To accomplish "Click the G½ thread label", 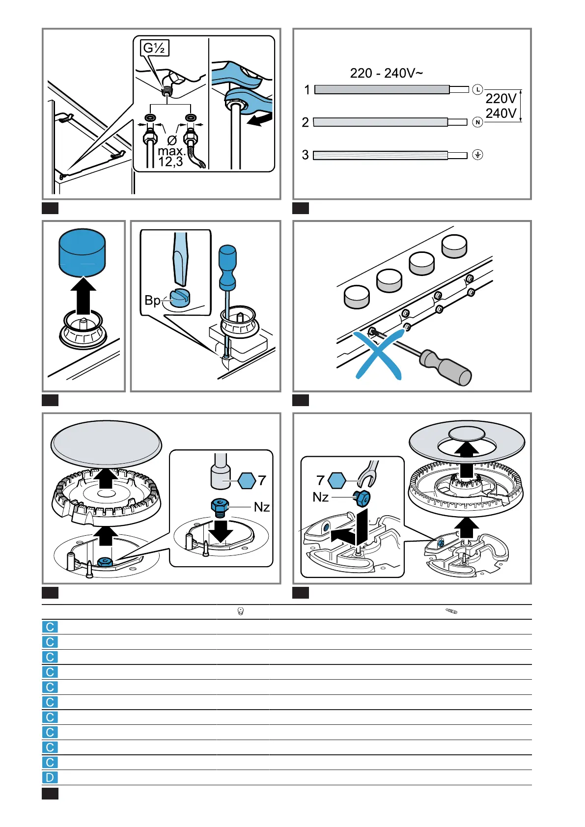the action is (x=155, y=48).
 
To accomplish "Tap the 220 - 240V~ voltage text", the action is (x=386, y=73).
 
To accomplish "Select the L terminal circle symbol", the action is (x=477, y=89).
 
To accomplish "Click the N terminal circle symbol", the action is (x=477, y=122).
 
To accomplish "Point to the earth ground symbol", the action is (x=477, y=155).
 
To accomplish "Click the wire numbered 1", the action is (x=382, y=89).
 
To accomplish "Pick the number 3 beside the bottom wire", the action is (x=306, y=155).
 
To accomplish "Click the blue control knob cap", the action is (x=82, y=252).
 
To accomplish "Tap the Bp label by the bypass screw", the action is (x=152, y=300).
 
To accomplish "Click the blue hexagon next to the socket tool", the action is (x=247, y=480).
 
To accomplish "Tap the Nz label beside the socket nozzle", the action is (x=261, y=506).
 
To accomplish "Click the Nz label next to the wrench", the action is (x=320, y=497).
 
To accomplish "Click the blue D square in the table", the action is (x=50, y=777).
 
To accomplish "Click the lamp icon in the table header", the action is (x=241, y=611).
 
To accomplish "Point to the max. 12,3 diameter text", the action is (x=171, y=156).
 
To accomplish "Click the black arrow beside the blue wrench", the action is (x=260, y=119).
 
